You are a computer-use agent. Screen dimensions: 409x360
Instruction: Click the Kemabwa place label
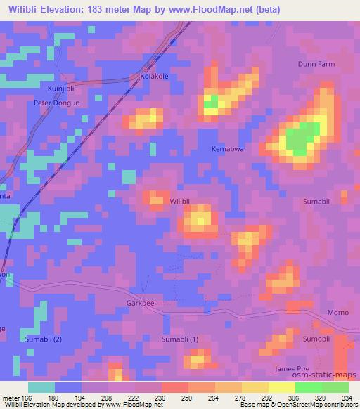click(x=227, y=149)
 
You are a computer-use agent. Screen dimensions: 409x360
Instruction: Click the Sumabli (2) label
click(x=44, y=339)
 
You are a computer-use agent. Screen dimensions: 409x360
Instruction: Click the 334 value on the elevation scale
click(x=347, y=398)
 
